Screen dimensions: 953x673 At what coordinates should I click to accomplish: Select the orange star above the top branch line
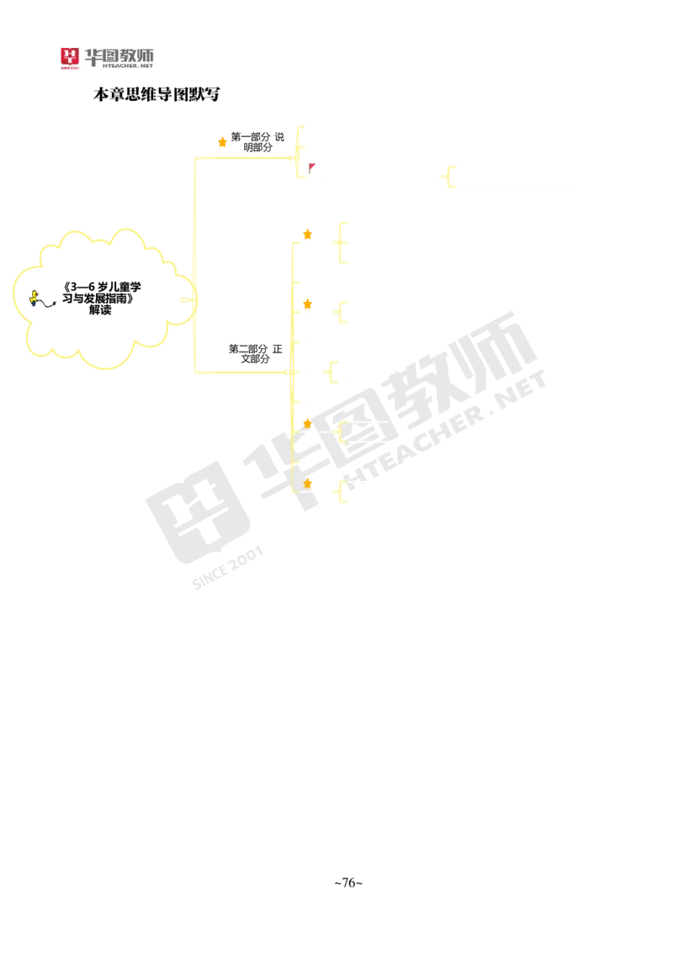tap(222, 141)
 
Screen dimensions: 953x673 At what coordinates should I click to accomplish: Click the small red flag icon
tap(312, 167)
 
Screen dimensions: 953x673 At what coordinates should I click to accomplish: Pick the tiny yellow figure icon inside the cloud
tap(34, 296)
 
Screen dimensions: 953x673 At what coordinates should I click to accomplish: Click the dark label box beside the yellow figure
tap(50, 303)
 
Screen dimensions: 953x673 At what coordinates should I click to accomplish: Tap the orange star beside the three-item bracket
tap(308, 234)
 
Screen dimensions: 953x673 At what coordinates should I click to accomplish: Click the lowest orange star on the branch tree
tap(309, 483)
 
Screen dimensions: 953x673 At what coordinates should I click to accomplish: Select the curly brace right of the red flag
tap(447, 177)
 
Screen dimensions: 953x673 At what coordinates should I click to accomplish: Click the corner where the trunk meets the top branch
tap(195, 157)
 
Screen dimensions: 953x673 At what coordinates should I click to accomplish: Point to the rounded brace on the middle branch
tap(330, 372)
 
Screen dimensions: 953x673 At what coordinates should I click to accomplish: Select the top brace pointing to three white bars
tap(298, 150)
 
